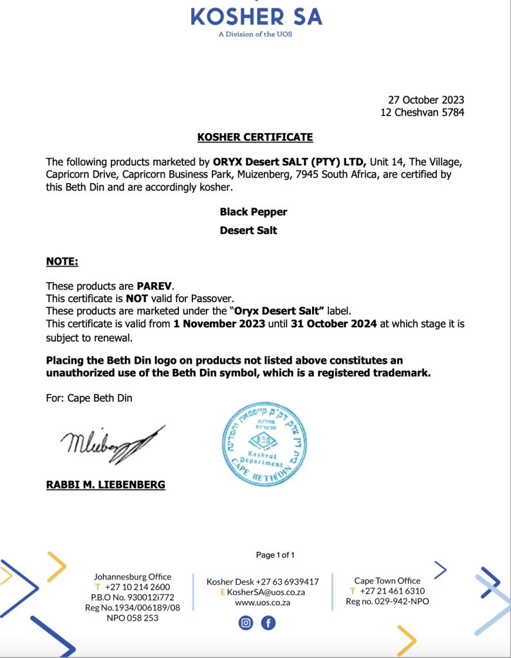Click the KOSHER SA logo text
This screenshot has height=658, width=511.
tap(256, 15)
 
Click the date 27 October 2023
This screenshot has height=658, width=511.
tap(425, 100)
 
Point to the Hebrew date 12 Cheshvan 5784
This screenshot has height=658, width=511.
tap(422, 112)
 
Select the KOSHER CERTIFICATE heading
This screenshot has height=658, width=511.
tap(255, 137)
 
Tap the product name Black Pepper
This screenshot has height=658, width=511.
tap(254, 211)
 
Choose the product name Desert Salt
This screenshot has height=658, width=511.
tap(248, 230)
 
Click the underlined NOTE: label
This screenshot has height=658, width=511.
tap(62, 262)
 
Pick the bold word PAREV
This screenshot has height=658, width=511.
tap(154, 285)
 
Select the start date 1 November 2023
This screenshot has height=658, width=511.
tap(219, 324)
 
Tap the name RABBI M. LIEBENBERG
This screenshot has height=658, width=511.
tap(106, 485)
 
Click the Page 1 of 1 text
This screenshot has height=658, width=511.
tap(275, 555)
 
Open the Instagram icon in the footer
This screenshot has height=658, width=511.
tap(246, 623)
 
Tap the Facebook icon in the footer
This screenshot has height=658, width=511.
tap(268, 623)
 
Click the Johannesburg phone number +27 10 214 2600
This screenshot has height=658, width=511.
tap(137, 587)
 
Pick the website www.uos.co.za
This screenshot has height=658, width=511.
tap(262, 602)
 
